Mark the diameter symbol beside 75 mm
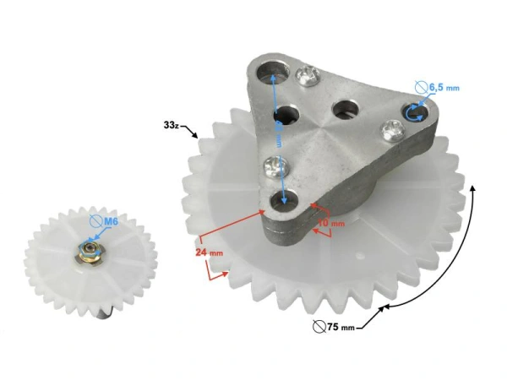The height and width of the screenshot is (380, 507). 318,326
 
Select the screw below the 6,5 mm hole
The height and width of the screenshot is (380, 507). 391,129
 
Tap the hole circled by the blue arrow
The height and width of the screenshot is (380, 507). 413,114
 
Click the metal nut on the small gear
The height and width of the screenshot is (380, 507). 87,250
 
